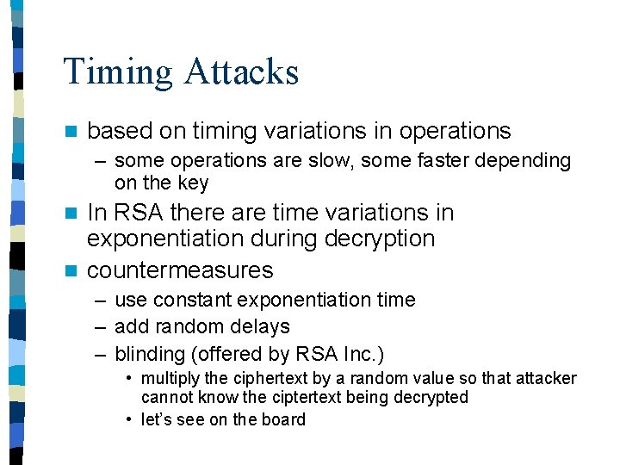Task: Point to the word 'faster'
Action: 431,161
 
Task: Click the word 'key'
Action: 193,183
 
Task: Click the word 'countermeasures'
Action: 181,270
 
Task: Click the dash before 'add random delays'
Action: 101,327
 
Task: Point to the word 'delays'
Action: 261,327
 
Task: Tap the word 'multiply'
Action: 169,379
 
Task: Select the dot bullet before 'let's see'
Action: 127,419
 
